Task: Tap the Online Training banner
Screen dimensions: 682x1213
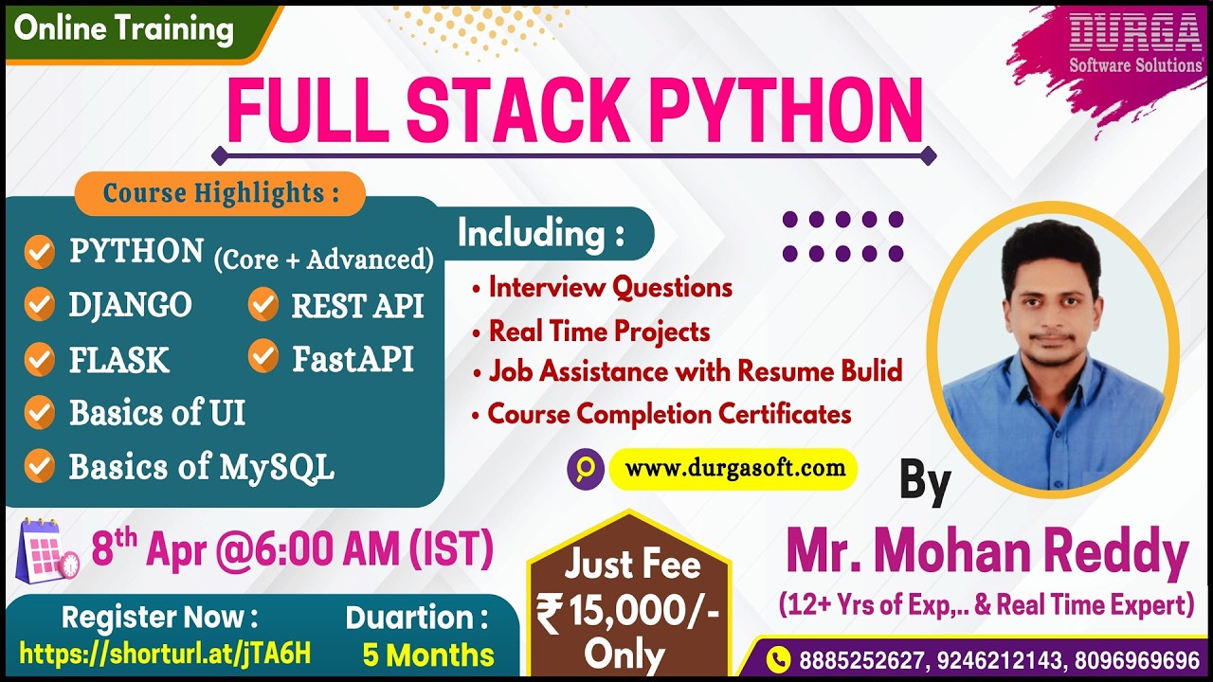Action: (124, 29)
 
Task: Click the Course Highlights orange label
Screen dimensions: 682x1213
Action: (220, 193)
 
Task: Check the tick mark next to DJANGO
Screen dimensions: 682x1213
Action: (39, 305)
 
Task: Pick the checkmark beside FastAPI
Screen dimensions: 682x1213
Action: (263, 357)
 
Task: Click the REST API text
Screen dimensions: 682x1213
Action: (357, 306)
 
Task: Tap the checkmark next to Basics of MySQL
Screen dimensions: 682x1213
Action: (39, 466)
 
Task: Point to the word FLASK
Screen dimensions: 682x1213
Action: (118, 360)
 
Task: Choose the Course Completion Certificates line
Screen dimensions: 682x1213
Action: (669, 414)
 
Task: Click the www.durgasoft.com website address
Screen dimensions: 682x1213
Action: (734, 468)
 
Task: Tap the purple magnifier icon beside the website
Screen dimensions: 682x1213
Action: (586, 468)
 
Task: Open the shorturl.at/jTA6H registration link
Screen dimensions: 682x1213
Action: (165, 653)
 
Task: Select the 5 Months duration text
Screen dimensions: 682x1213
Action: (428, 655)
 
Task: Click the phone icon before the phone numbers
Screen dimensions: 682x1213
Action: (778, 658)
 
